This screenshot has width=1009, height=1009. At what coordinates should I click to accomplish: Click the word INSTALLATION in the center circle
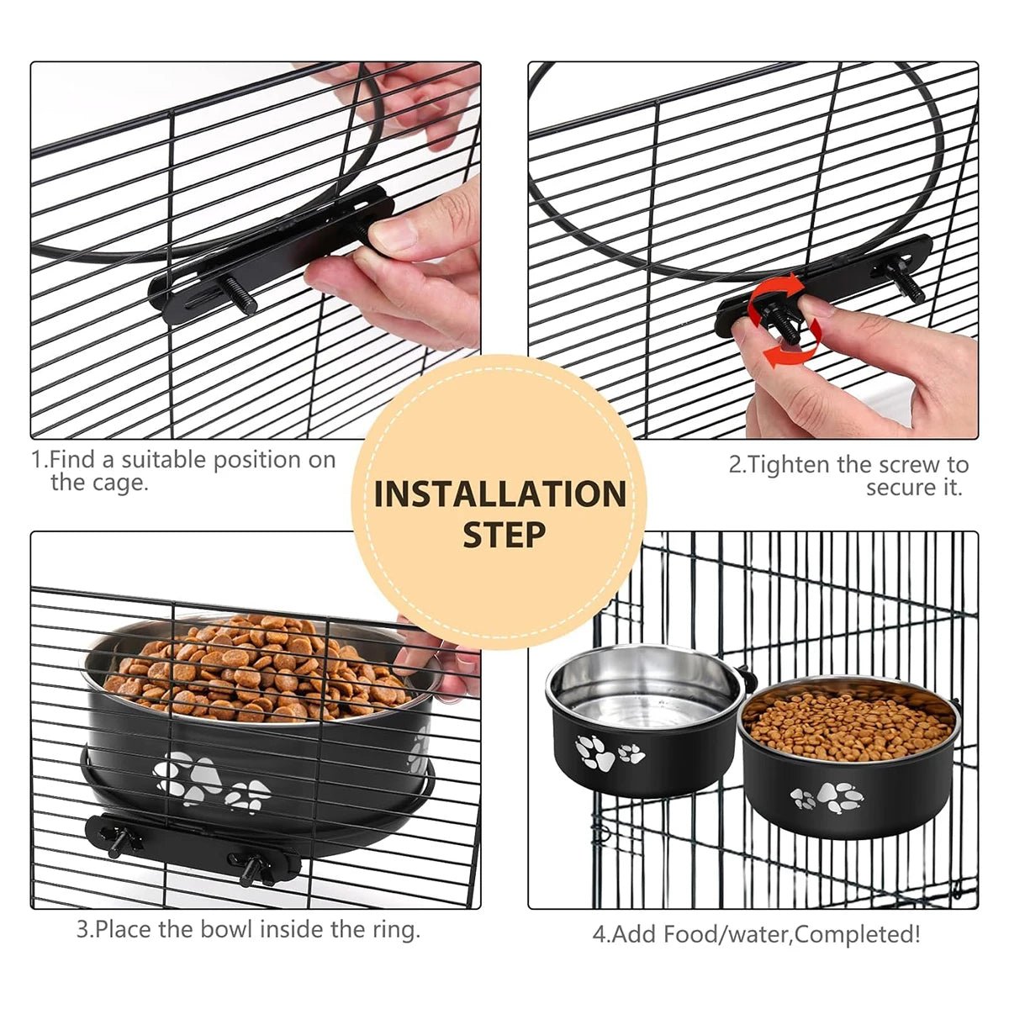coord(499,494)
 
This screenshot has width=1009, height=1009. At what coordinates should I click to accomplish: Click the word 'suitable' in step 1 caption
coord(164,460)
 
